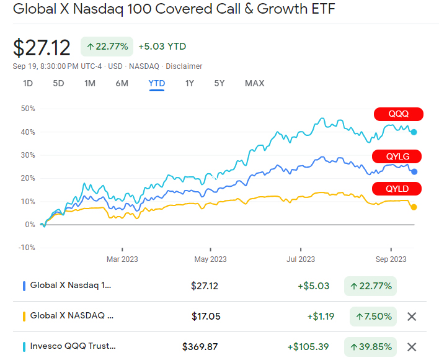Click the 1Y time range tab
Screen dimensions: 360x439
click(x=190, y=83)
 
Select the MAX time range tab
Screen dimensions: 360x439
click(x=254, y=83)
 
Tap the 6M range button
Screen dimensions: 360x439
click(x=122, y=83)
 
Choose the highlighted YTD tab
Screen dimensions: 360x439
click(x=156, y=83)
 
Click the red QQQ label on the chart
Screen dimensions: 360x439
click(x=398, y=114)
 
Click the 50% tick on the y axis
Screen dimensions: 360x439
click(x=28, y=109)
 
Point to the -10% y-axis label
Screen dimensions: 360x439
click(x=27, y=248)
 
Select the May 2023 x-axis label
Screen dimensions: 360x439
click(x=210, y=259)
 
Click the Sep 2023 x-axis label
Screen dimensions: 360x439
click(x=391, y=259)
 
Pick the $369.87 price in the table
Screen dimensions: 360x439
click(x=200, y=346)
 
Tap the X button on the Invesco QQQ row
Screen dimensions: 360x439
click(x=411, y=346)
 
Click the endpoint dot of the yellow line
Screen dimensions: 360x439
click(x=414, y=207)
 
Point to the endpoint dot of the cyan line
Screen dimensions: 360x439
click(x=414, y=132)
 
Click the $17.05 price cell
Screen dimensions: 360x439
click(x=206, y=317)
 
